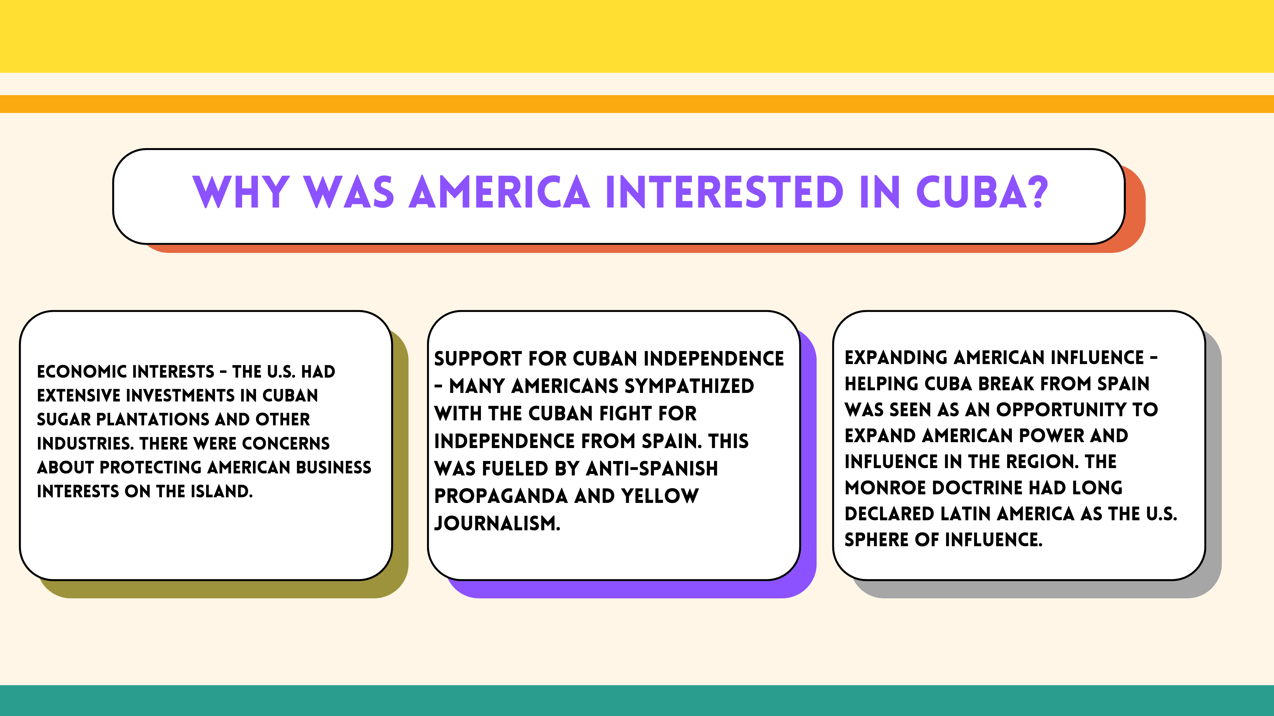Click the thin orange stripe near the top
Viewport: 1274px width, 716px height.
(x=637, y=104)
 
